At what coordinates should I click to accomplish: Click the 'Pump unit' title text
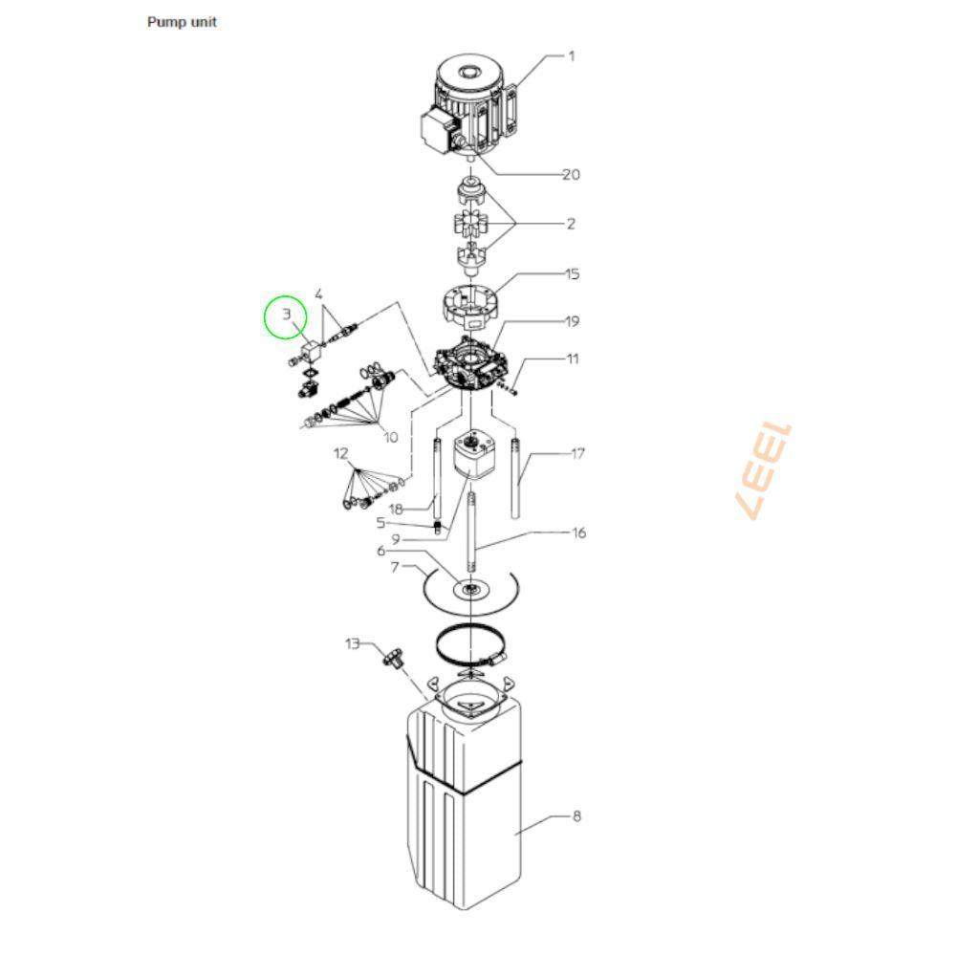182,22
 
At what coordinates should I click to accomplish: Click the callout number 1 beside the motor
572,56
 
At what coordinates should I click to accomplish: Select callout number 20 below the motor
572,175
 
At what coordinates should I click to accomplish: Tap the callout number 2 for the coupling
571,224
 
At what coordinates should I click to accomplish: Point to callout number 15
572,274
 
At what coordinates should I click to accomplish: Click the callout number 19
572,321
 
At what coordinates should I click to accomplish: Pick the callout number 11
573,358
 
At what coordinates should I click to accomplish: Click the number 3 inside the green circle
286,315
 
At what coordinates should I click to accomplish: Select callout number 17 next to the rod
577,453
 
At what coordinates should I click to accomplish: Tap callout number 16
578,532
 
